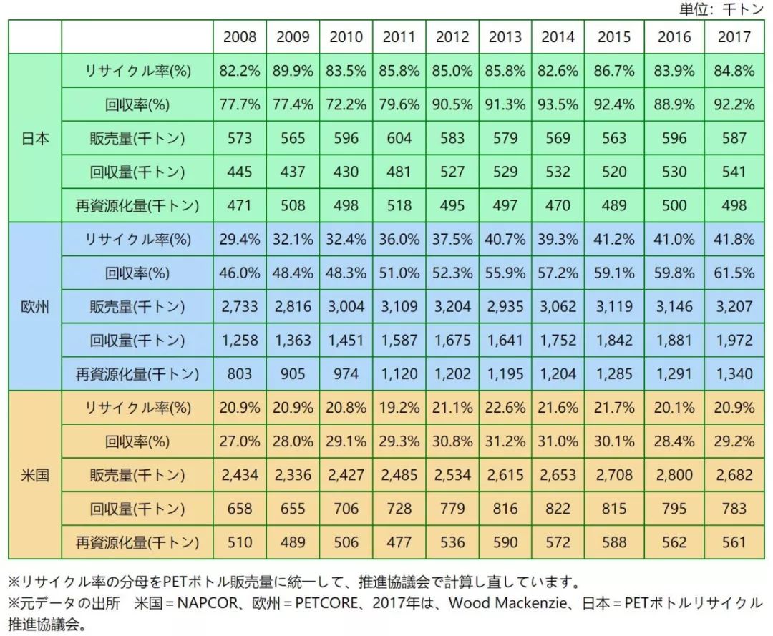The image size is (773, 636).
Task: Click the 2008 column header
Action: click(240, 37)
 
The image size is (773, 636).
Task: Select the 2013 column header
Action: click(505, 37)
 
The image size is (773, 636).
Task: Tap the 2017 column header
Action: click(734, 37)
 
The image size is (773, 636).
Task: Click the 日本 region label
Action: click(35, 138)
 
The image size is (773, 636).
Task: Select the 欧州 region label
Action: click(35, 307)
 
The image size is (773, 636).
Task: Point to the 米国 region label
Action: click(35, 475)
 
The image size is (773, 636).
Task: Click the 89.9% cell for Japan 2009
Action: click(293, 71)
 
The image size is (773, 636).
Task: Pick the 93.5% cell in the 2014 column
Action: click(558, 104)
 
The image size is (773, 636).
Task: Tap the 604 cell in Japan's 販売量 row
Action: click(399, 138)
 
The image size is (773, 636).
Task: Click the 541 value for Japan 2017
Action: click(734, 172)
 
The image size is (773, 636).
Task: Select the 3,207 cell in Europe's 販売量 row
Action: click(734, 307)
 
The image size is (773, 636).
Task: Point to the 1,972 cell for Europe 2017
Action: click(734, 341)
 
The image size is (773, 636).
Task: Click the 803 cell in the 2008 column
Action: click(240, 374)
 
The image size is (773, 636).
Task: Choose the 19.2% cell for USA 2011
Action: click(399, 408)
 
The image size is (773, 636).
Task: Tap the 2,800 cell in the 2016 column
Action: click(674, 475)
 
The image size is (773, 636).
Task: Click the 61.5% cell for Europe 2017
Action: click(734, 273)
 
